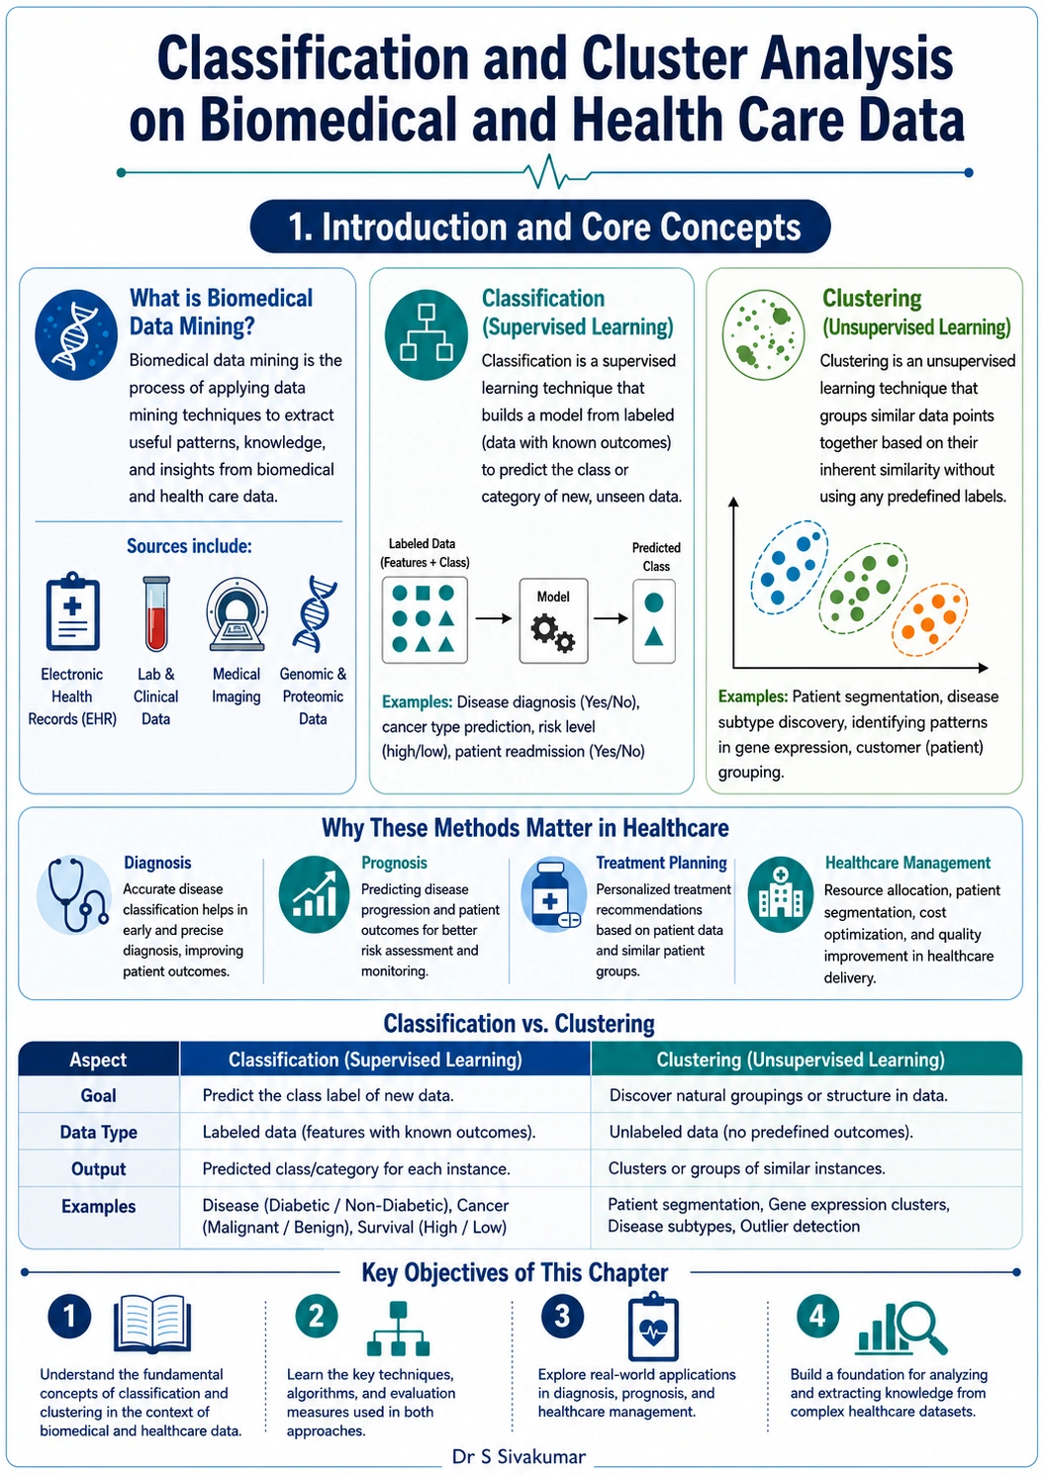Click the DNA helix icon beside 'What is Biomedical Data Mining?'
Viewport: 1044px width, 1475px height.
pos(76,334)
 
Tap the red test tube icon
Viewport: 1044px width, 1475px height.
pos(156,613)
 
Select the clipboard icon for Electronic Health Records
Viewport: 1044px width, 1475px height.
pos(72,611)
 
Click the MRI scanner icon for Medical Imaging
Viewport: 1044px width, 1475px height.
pos(237,613)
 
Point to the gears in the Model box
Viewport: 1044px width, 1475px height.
pos(552,633)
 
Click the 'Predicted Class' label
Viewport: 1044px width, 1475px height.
pos(656,556)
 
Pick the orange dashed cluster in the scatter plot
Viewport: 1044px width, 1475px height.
pos(929,619)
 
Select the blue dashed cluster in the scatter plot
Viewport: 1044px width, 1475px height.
pos(789,567)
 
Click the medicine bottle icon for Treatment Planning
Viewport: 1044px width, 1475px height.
pos(553,894)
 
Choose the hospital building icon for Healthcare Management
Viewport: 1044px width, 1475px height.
pos(781,894)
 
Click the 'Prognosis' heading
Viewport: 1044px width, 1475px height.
pos(394,863)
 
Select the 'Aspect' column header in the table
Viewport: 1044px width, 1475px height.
pos(98,1060)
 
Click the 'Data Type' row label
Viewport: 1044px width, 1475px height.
pos(98,1132)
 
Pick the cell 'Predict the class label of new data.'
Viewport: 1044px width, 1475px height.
pos(328,1096)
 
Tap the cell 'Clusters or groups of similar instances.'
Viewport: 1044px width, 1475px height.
pos(746,1168)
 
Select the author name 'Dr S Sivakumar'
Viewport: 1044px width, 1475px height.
pos(520,1456)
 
